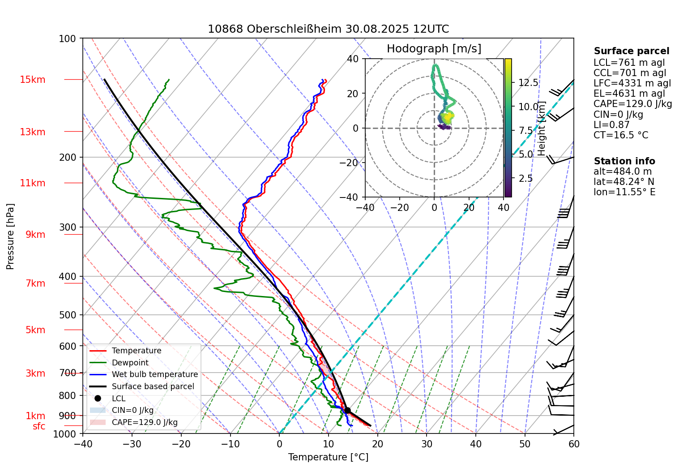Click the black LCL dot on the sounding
coord(347,410)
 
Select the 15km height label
coord(32,80)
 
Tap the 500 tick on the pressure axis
coord(68,315)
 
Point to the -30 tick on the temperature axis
coord(132,444)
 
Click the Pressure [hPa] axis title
coord(10,236)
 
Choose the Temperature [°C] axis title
coord(328,457)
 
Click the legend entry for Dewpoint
coord(130,363)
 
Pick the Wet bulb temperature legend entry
coord(154,374)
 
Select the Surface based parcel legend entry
coord(153,386)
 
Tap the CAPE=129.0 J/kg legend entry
coord(144,422)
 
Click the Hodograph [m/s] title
coord(434,49)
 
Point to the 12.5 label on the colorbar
coord(528,83)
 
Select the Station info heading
coord(624,161)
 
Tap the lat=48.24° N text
coord(623,182)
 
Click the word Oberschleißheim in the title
coord(295,29)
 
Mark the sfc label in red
coord(39,426)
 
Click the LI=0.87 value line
coord(611,125)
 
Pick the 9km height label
coord(35,235)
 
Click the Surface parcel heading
coord(631,51)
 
